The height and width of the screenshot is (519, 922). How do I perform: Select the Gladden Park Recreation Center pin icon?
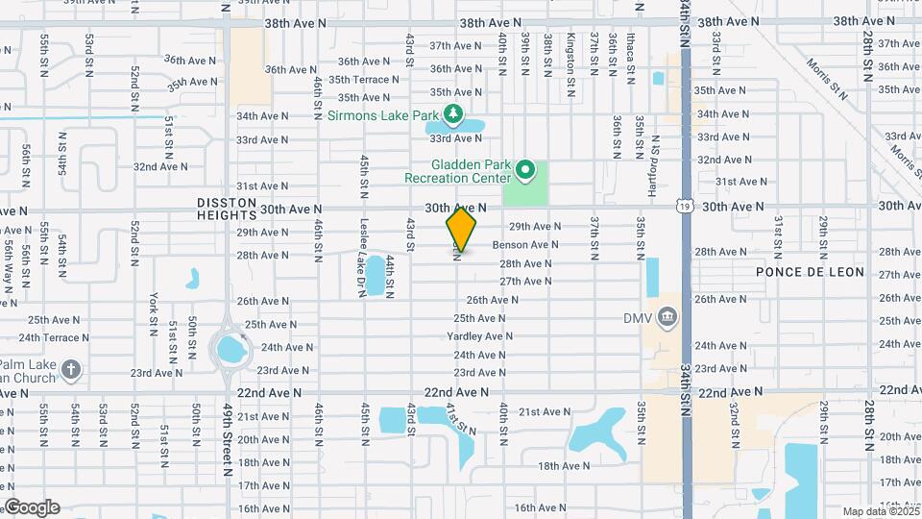(x=524, y=172)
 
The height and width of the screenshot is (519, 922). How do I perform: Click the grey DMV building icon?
(x=668, y=317)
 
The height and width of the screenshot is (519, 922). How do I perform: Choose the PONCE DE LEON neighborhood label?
(x=810, y=272)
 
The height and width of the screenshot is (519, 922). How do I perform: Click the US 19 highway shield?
(x=683, y=205)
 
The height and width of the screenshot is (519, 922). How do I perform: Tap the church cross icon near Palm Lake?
(x=70, y=369)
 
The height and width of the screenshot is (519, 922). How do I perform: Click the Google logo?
(x=31, y=507)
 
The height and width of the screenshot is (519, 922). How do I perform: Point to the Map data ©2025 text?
(x=880, y=511)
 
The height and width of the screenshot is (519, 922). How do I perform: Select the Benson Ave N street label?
(x=525, y=245)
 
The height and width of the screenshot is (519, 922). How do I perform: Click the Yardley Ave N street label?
(x=479, y=336)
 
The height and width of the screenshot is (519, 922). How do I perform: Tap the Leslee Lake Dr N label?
(x=364, y=257)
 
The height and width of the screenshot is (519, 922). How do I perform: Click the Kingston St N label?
(x=570, y=55)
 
